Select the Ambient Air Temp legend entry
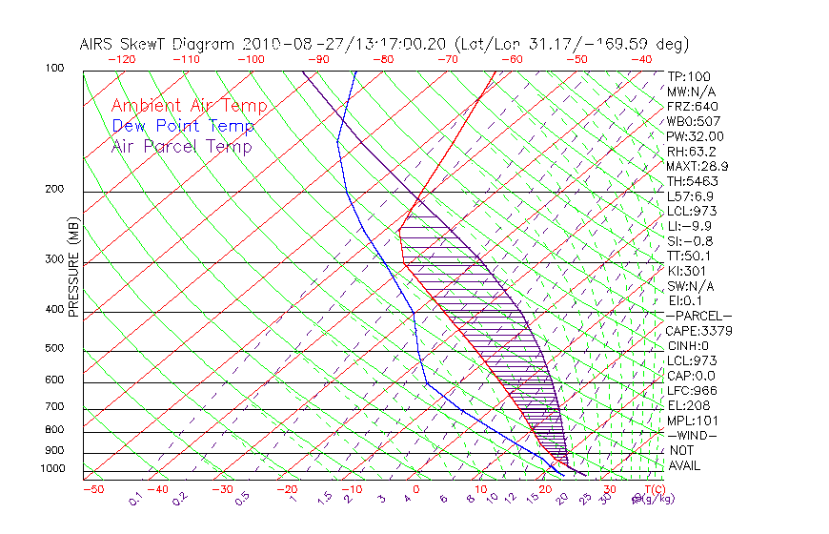pos(189,106)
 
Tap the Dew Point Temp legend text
pos(183,126)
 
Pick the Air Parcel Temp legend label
pos(181,146)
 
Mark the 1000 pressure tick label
pos(53,468)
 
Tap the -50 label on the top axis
pos(576,58)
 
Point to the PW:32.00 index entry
pos(695,136)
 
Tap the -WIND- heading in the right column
pos(692,435)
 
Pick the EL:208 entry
pos(688,405)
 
